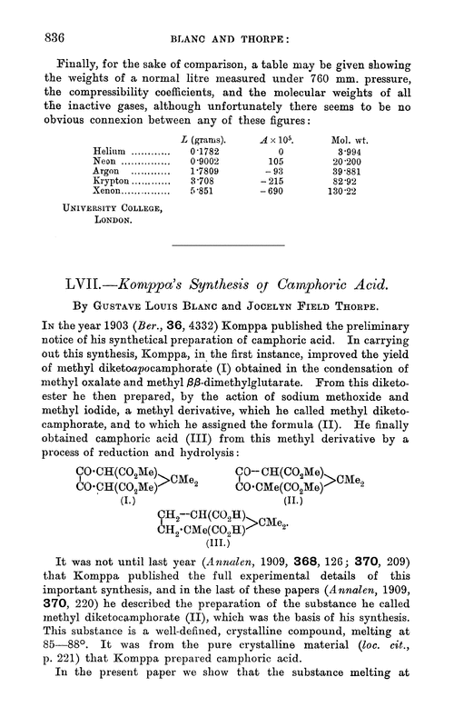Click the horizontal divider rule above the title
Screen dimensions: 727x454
click(227, 246)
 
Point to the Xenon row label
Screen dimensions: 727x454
click(109, 192)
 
